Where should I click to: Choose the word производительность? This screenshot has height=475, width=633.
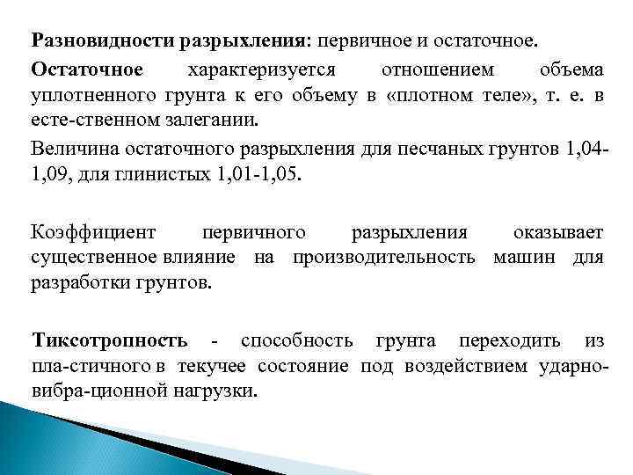tap(383, 258)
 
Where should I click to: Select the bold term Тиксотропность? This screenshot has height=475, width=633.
tap(109, 340)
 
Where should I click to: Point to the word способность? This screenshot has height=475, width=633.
tap(296, 340)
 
